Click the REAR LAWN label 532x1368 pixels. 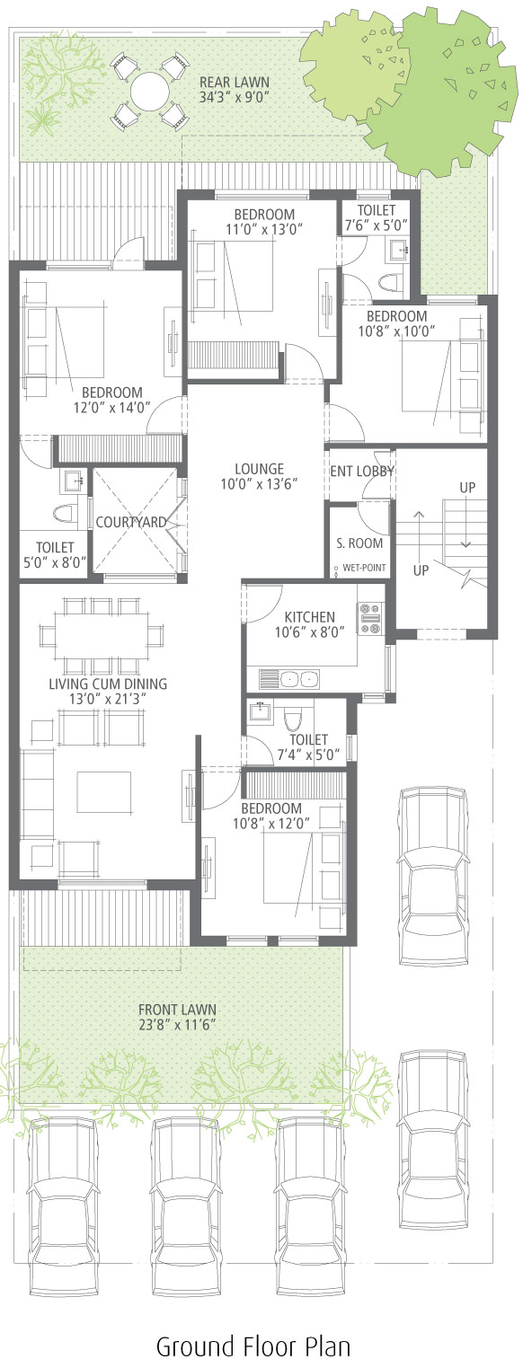235,82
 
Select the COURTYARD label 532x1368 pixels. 131,522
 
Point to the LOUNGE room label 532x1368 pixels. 260,469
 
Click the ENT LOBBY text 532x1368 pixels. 362,471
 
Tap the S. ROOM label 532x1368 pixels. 359,543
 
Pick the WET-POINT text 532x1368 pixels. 365,568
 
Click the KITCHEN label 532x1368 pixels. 310,617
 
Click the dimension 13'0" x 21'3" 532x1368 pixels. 108,699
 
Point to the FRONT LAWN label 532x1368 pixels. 177,1010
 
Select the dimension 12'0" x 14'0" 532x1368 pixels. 111,408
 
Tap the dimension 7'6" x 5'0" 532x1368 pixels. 377,225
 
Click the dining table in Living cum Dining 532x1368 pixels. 101,636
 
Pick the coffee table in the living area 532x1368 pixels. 104,793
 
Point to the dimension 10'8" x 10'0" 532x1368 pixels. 396,331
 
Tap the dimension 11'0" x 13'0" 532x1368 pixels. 264,229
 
